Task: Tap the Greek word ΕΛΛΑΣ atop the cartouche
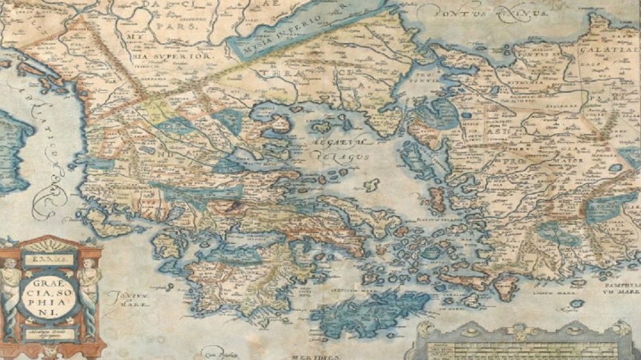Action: pos(48,257)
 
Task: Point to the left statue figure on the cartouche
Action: pos(11,285)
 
